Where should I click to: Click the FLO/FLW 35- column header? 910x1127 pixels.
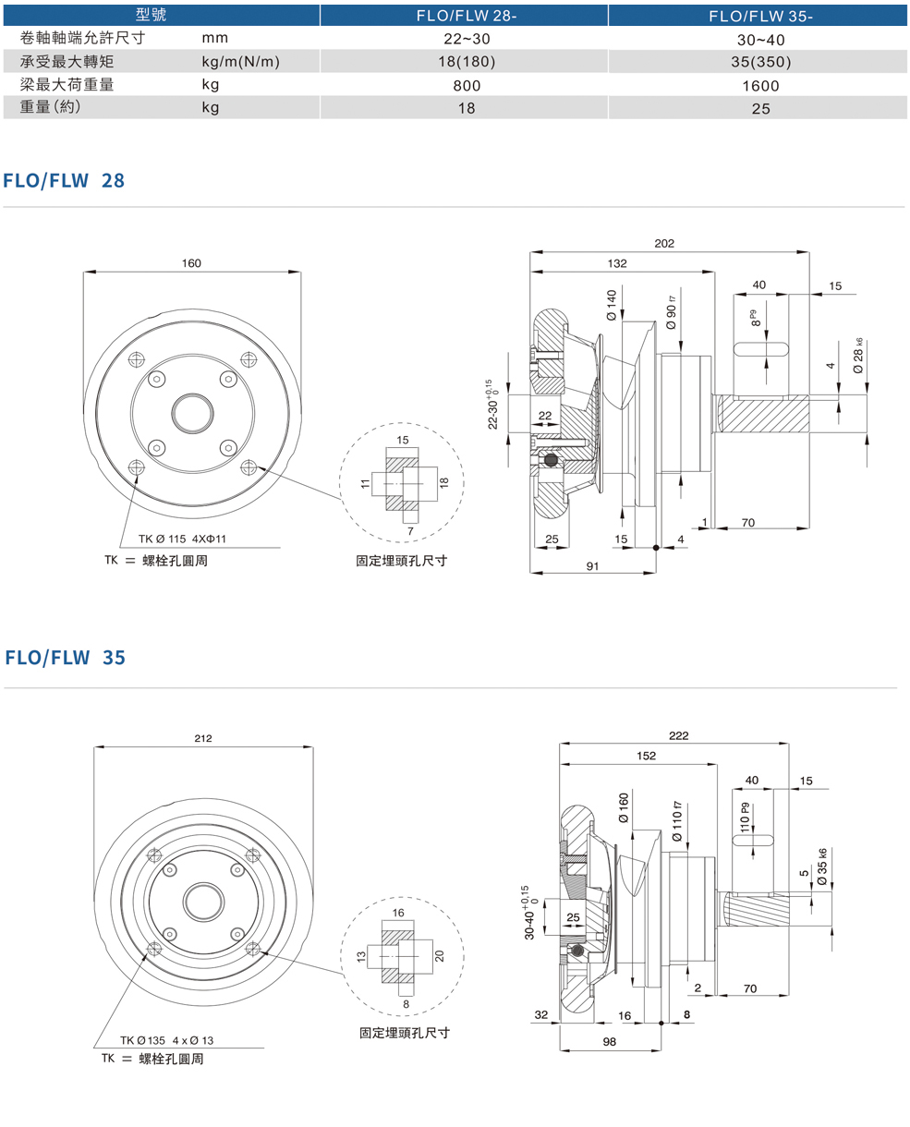click(760, 16)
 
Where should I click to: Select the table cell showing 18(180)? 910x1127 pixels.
click(466, 62)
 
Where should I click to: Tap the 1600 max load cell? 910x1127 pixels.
click(760, 85)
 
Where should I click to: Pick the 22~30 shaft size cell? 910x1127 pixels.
click(466, 39)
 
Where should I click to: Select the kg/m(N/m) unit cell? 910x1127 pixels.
click(240, 62)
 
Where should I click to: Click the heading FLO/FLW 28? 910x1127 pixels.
click(64, 180)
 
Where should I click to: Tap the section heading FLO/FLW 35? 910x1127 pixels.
click(65, 658)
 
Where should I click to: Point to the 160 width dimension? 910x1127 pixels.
click(191, 263)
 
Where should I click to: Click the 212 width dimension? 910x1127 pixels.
click(203, 738)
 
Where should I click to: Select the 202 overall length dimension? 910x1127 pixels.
click(664, 244)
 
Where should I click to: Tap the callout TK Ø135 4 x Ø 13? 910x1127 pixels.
click(166, 1040)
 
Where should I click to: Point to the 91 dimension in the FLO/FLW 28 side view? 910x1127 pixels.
click(592, 565)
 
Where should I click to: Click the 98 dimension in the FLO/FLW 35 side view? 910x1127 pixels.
click(610, 1041)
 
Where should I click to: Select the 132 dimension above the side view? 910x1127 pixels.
click(617, 263)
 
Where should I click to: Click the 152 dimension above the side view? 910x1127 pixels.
click(646, 756)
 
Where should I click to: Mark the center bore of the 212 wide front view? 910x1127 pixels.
click(203, 902)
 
